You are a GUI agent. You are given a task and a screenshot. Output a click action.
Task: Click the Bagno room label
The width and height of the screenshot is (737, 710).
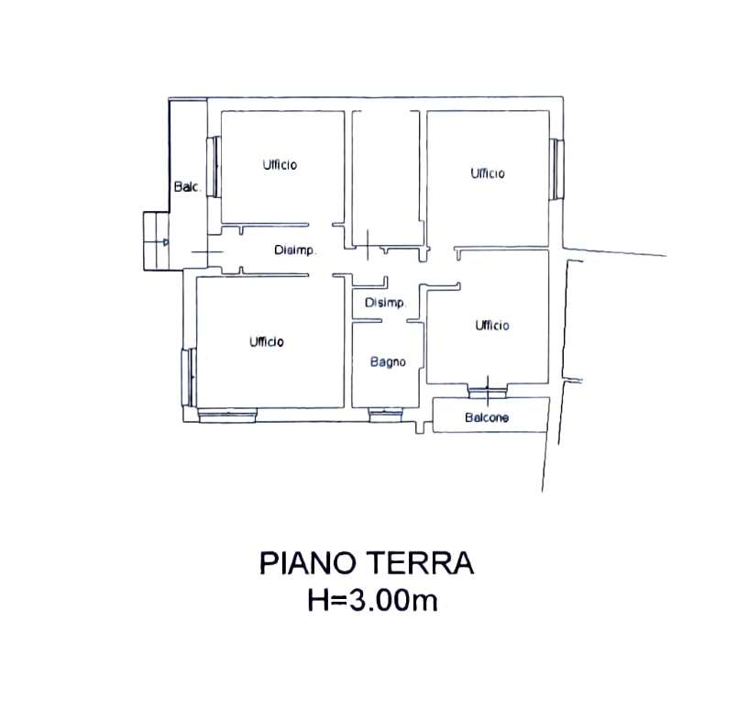pyautogui.click(x=388, y=361)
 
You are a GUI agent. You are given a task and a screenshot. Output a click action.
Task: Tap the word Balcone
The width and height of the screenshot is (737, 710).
pyautogui.click(x=487, y=417)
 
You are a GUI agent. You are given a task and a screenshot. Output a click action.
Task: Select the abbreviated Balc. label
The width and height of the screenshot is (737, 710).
pyautogui.click(x=188, y=187)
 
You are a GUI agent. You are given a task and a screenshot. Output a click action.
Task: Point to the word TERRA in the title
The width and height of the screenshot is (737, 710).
pyautogui.click(x=419, y=563)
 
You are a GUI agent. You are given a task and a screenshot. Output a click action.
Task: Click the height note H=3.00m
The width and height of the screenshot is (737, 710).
pyautogui.click(x=372, y=601)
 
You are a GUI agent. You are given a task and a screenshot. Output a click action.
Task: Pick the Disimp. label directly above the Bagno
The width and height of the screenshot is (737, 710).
pyautogui.click(x=384, y=303)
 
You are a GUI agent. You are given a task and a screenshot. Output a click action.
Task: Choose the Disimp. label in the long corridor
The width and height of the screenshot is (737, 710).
pyautogui.click(x=294, y=250)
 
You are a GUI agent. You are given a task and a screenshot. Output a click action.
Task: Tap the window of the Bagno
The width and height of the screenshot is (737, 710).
pyautogui.click(x=386, y=415)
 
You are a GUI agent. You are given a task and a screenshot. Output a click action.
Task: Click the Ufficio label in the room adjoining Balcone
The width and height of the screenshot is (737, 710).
pyautogui.click(x=491, y=325)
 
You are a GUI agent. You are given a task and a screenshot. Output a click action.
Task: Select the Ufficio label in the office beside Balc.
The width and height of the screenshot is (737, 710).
pyautogui.click(x=280, y=165)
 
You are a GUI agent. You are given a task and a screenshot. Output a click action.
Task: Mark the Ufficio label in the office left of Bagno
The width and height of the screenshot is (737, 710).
pyautogui.click(x=267, y=341)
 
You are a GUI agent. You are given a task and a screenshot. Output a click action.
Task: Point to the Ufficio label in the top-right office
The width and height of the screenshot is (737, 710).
pyautogui.click(x=488, y=173)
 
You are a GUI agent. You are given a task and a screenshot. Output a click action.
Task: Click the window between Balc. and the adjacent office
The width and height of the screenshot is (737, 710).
pyautogui.click(x=214, y=167)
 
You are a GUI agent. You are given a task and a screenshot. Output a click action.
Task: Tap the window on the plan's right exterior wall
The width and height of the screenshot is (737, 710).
pyautogui.click(x=557, y=170)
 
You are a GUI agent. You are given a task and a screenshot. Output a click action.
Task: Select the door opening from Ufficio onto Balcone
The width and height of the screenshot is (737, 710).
pyautogui.click(x=488, y=391)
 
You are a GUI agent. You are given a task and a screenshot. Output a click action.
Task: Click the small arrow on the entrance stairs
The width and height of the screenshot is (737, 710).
pyautogui.click(x=165, y=242)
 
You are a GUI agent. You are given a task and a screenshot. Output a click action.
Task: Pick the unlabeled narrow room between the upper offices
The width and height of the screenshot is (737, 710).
pyautogui.click(x=386, y=178)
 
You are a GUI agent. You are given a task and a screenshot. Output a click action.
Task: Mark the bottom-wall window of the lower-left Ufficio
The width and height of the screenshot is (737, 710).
pyautogui.click(x=227, y=416)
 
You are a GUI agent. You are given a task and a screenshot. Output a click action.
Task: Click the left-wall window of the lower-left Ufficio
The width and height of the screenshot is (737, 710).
pyautogui.click(x=190, y=377)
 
